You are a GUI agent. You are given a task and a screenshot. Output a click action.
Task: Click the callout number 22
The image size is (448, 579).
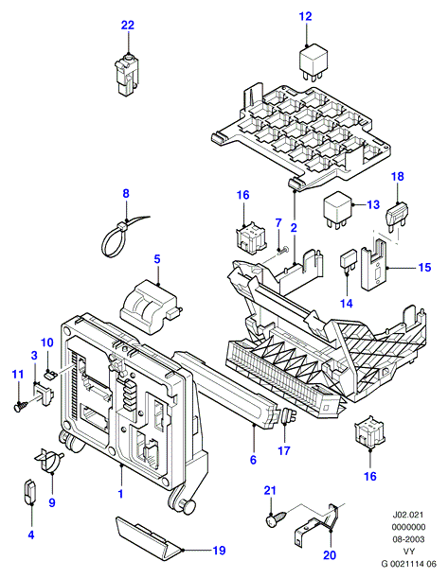[x=128, y=26]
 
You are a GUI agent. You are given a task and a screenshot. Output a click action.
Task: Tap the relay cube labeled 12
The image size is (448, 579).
[x=313, y=62]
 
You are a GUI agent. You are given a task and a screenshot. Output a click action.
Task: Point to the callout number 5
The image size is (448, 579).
[x=157, y=259]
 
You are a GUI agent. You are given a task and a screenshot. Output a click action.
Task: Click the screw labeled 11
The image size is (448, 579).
[x=22, y=406]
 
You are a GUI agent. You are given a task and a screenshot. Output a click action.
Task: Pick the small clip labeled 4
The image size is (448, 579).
[x=29, y=491]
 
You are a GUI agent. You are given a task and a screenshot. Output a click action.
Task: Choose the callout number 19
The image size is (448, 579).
[x=219, y=551]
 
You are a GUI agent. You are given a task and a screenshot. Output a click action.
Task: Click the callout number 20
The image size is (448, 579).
[x=330, y=555]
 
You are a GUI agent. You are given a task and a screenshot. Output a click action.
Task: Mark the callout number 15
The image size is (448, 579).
[x=424, y=267]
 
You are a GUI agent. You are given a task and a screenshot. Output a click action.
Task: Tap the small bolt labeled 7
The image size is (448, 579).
[x=284, y=250]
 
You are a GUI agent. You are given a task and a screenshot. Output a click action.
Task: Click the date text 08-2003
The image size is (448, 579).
[x=408, y=539]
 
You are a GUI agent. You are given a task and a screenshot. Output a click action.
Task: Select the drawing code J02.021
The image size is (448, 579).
[x=408, y=515]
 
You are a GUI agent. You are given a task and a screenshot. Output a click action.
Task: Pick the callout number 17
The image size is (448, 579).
[x=284, y=450]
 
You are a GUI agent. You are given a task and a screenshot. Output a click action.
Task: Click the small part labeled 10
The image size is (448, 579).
[x=49, y=376]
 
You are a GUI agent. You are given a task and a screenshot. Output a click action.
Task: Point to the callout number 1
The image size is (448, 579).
[x=120, y=494]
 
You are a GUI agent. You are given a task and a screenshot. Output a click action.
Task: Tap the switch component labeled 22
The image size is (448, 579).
[x=126, y=77]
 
